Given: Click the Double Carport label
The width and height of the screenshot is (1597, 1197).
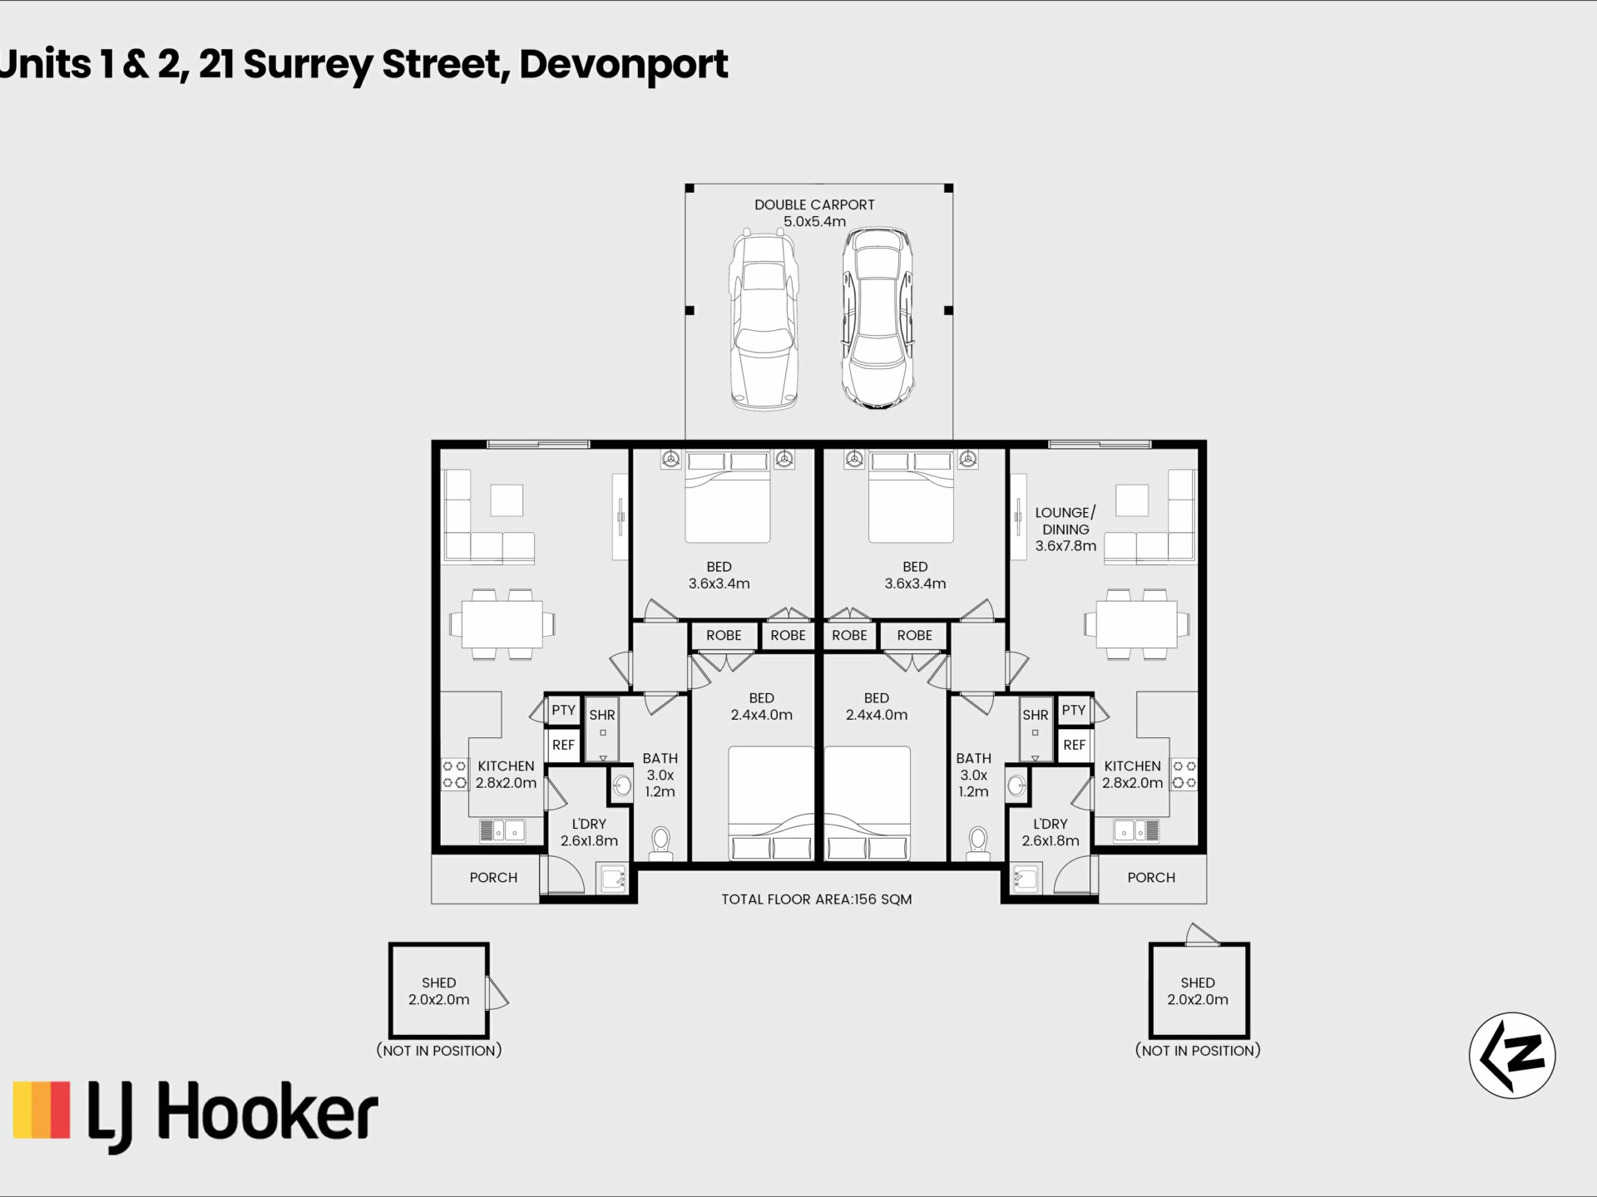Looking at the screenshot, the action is click(814, 213).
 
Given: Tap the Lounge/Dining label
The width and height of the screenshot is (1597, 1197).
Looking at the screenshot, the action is click(1065, 529).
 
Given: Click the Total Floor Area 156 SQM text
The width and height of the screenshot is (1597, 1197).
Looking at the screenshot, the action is click(816, 899).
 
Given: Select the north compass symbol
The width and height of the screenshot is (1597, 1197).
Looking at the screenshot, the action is click(1512, 1055).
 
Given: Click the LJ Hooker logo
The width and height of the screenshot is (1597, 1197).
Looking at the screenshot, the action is click(195, 1115).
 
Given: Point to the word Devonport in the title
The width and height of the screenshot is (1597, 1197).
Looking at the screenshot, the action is click(624, 65).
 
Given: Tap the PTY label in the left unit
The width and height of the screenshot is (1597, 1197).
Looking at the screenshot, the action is click(563, 710).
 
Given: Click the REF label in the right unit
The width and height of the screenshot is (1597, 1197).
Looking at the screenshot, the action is click(1074, 745).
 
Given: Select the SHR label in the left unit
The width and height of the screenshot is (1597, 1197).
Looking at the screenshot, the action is click(602, 715).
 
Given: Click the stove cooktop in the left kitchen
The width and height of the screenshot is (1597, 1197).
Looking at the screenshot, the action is click(454, 774).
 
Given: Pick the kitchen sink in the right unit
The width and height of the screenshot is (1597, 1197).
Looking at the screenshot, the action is click(1136, 830).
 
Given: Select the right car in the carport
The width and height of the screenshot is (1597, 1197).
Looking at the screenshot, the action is click(878, 318).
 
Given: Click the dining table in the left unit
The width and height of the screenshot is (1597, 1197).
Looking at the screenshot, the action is click(502, 624).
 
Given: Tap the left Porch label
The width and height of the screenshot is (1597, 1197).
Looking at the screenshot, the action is click(493, 877).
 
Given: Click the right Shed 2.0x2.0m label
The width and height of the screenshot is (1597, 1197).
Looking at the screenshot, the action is click(1198, 991).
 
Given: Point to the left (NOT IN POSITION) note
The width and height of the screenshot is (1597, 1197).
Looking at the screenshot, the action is click(439, 1051).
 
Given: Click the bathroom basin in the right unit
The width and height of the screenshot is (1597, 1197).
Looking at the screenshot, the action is click(1016, 785).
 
